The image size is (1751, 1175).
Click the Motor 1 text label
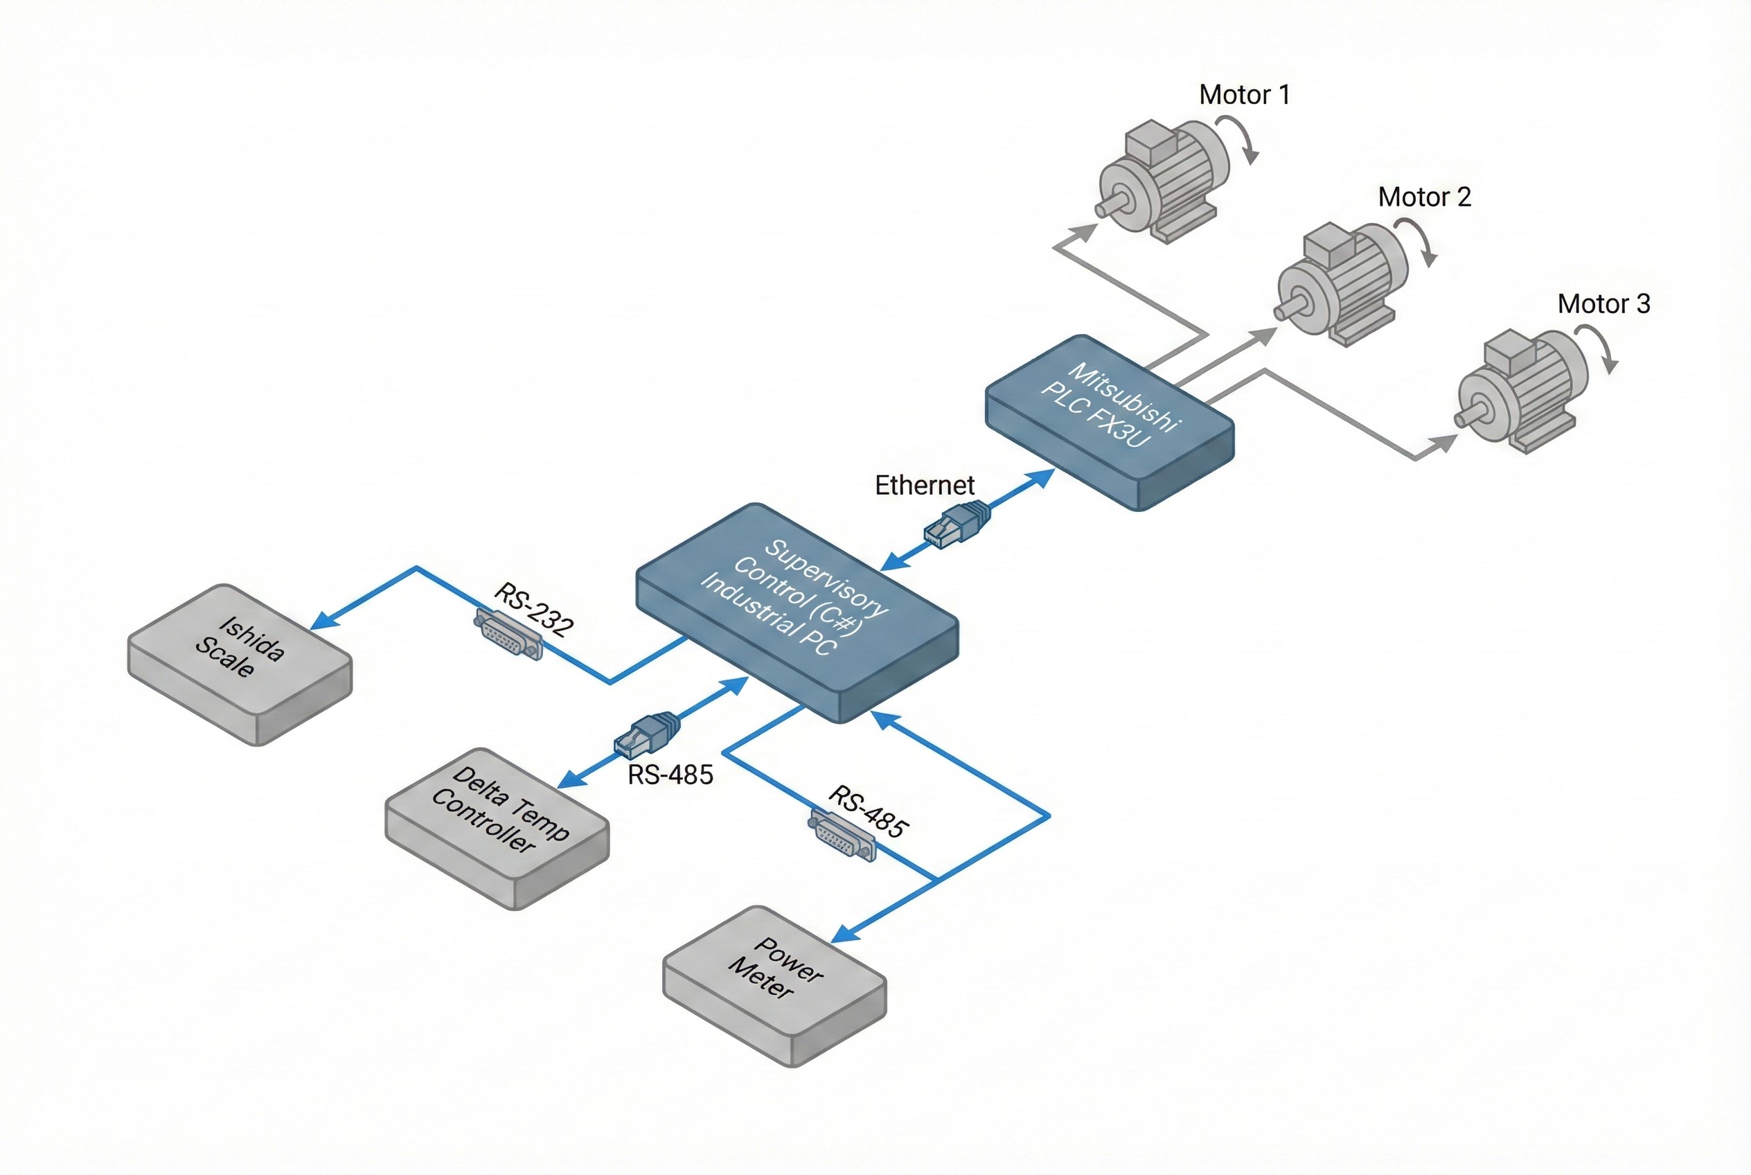point(1244,95)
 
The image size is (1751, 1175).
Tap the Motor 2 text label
point(1423,197)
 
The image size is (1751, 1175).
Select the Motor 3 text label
point(1603,304)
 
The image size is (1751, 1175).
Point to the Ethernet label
point(924,486)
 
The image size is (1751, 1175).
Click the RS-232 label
point(533,608)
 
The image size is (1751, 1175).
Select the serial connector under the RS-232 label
point(508,635)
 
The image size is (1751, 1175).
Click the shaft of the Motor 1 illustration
point(1109,205)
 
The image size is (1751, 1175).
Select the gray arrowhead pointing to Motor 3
point(1443,443)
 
